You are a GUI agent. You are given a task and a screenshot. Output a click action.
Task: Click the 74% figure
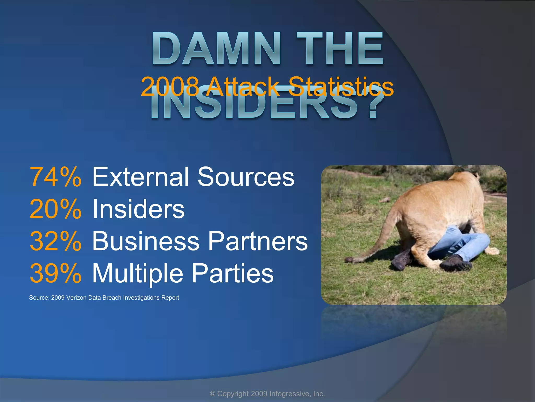tap(55, 177)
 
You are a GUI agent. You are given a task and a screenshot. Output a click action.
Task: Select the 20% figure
tap(55, 209)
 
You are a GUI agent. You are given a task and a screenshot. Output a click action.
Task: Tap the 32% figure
tap(55, 241)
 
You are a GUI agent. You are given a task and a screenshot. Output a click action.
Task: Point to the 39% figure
tap(55, 273)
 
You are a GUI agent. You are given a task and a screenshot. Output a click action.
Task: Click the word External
tap(141, 177)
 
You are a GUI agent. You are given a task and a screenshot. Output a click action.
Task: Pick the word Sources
tap(246, 177)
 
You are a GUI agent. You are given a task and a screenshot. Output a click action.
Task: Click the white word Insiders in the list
tap(138, 209)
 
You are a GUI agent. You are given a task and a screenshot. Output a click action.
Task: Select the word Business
tap(146, 241)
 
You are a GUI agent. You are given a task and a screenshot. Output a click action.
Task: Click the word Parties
tap(233, 273)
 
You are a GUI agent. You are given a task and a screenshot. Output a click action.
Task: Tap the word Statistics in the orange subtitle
tap(341, 87)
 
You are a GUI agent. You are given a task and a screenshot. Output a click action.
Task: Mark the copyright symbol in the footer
tap(213, 394)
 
